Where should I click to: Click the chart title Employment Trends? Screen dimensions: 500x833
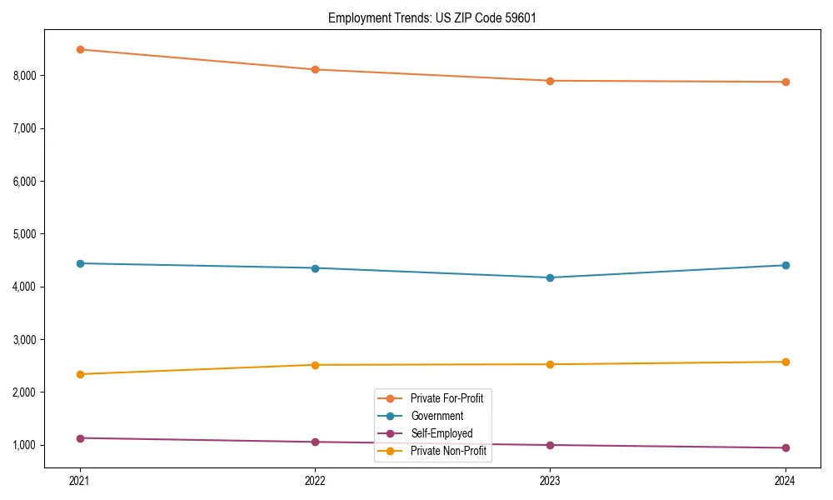[x=431, y=17]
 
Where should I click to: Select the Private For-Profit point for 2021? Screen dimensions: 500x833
[x=80, y=49]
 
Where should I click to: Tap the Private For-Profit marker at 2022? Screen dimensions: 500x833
[x=315, y=69]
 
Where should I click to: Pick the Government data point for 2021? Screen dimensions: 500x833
[x=80, y=263]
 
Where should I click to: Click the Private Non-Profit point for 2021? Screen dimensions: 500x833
[x=80, y=374]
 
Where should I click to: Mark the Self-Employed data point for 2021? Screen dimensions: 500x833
[x=80, y=438]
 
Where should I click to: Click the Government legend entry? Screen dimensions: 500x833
[x=436, y=416]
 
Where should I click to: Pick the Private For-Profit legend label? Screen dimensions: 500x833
[x=446, y=398]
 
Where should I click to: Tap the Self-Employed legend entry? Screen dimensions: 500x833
[x=441, y=433]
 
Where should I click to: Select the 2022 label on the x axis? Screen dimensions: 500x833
[x=315, y=480]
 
